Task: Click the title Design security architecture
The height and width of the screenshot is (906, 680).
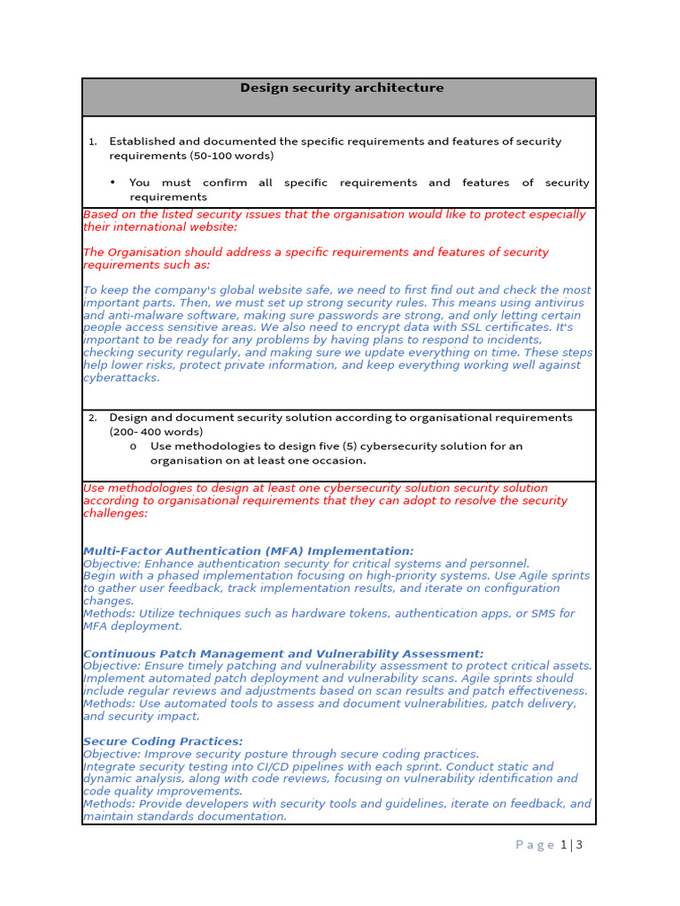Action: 342,88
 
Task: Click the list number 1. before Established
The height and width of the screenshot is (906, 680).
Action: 92,142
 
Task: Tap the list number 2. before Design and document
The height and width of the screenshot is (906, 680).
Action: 92,418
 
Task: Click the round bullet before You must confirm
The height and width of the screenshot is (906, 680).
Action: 113,183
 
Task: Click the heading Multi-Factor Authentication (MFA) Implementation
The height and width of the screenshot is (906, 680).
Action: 248,551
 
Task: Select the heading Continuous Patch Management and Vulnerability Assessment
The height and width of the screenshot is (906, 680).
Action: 283,654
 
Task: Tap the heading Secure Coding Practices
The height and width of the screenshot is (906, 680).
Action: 163,741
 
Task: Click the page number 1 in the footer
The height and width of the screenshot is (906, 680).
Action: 564,845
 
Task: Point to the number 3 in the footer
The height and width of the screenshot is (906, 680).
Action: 579,845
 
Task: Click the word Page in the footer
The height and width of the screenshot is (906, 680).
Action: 535,845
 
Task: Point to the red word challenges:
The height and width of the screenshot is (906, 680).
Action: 115,513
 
